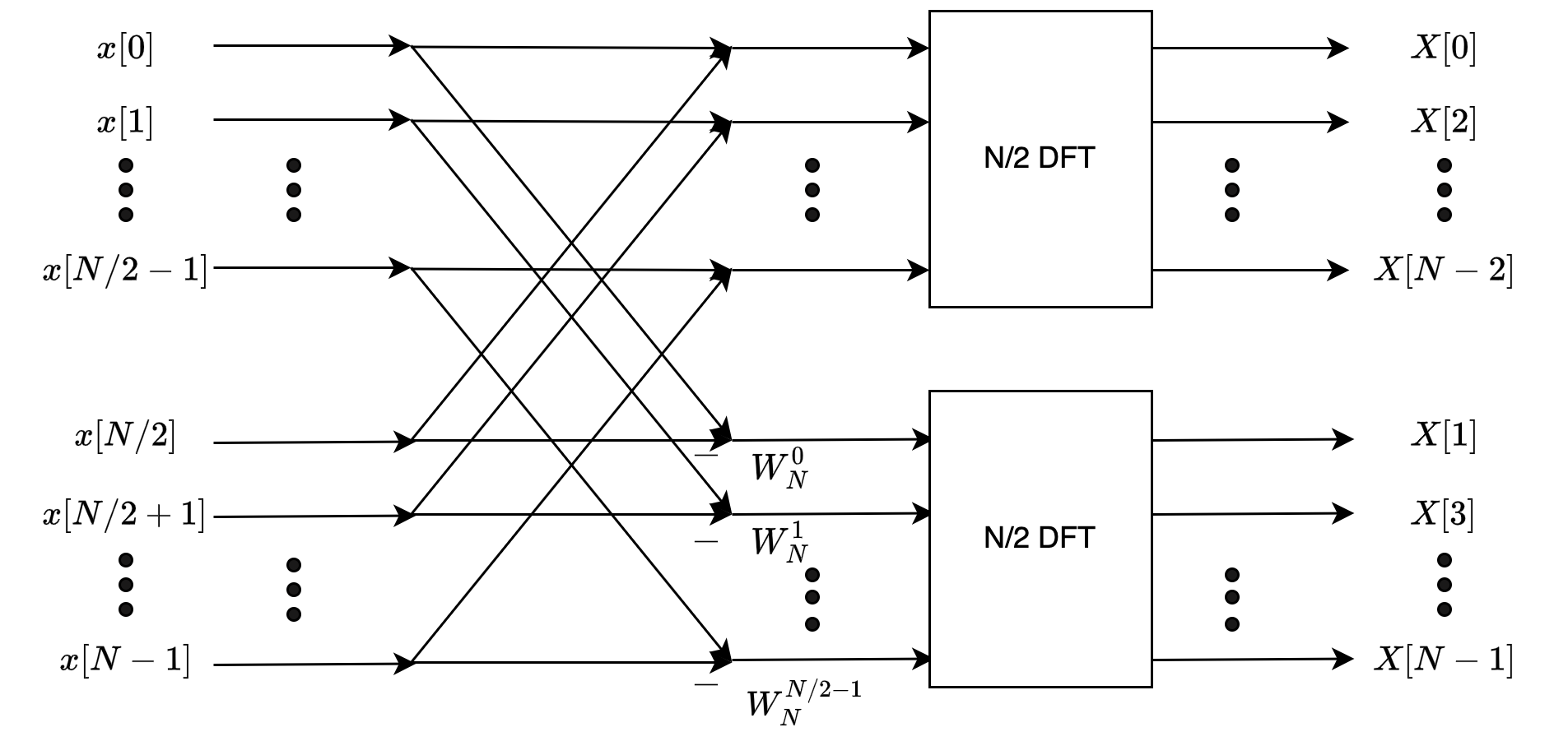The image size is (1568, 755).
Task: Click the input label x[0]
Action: point(125,49)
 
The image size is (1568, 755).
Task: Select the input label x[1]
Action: point(125,123)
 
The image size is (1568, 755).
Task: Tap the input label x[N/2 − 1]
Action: point(125,270)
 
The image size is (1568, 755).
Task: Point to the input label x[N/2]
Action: point(125,436)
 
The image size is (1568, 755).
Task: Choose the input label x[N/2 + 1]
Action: point(124,515)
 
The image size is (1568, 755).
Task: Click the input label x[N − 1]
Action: point(125,660)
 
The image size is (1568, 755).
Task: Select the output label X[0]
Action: point(1444,49)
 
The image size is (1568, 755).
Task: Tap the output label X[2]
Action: point(1444,123)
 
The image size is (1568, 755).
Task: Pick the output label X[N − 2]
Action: point(1444,270)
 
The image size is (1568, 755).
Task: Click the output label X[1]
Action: point(1444,436)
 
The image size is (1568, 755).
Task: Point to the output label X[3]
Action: point(1444,514)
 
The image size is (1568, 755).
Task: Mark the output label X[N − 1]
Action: point(1444,660)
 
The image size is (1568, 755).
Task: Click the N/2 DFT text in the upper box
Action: point(1040,157)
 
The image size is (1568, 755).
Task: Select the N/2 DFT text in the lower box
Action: point(1040,538)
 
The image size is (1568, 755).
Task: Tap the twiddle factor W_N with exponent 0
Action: point(779,470)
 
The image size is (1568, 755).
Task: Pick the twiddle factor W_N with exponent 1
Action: point(779,543)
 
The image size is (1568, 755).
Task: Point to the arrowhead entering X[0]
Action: point(1337,48)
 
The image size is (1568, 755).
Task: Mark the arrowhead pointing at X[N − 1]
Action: point(1342,659)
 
